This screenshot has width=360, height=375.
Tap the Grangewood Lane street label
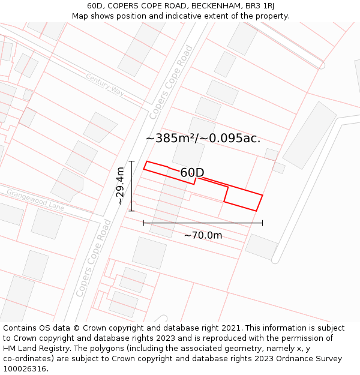click(35, 200)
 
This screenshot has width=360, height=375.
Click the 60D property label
click(192, 173)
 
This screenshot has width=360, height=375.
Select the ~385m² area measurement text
click(170, 139)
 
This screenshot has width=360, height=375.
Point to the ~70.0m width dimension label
click(203, 235)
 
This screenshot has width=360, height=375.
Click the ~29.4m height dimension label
click(121, 186)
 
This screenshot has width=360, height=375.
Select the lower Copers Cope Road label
click(94, 258)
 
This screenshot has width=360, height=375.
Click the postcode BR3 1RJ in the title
click(260, 6)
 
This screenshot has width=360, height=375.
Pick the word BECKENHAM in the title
click(217, 6)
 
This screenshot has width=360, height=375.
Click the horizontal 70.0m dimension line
click(203, 223)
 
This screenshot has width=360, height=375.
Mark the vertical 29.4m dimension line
click(131, 186)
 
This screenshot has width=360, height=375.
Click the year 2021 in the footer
click(232, 328)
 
